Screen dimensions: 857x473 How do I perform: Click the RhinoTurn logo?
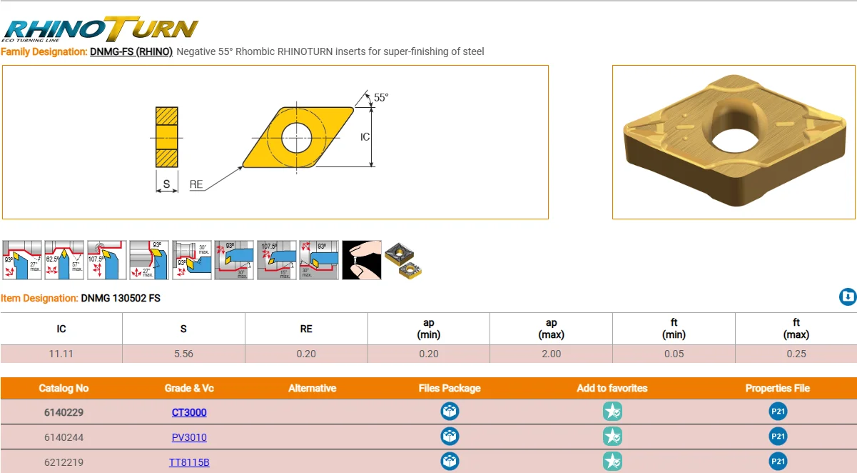100,29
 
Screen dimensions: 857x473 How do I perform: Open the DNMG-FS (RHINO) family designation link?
131,51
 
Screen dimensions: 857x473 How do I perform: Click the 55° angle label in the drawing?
381,98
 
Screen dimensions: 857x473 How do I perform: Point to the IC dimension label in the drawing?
365,136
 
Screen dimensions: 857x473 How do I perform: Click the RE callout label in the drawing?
196,184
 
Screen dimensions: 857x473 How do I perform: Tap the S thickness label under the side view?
166,184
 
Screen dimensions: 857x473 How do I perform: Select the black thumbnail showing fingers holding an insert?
362,260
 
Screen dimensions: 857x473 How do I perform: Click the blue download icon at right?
847,297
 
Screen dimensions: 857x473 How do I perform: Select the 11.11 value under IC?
61,354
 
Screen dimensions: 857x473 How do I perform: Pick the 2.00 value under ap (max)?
551,354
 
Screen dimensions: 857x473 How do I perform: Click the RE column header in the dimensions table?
306,329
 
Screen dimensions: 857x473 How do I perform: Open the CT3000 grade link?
189,412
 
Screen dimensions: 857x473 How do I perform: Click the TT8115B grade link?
189,462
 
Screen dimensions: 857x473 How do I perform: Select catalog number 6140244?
64,437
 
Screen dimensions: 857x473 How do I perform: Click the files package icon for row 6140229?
450,412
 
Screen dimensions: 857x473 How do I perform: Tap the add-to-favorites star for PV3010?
612,437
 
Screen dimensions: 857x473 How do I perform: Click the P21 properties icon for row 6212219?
778,462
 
